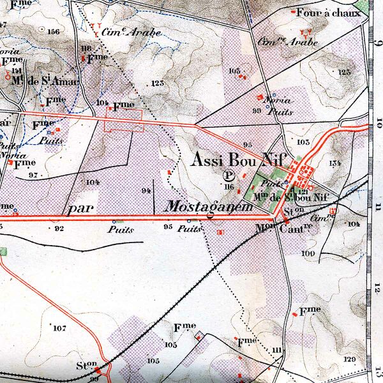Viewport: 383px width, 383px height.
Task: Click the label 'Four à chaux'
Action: tap(328, 12)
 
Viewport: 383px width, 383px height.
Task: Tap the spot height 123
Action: tap(157, 84)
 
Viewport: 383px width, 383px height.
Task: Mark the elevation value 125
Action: tap(345, 72)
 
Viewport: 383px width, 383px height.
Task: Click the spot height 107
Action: tap(59, 328)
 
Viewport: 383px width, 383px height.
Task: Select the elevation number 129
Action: tap(349, 360)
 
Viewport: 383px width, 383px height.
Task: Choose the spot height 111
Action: tap(276, 350)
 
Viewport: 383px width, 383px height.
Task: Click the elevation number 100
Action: tap(309, 253)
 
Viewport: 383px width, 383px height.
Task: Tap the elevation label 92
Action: tap(59, 227)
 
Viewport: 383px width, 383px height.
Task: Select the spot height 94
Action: tap(146, 191)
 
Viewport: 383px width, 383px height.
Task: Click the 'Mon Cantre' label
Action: tap(283, 227)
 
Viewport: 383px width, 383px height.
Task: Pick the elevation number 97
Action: tap(33, 175)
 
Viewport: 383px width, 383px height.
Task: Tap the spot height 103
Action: tap(303, 142)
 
